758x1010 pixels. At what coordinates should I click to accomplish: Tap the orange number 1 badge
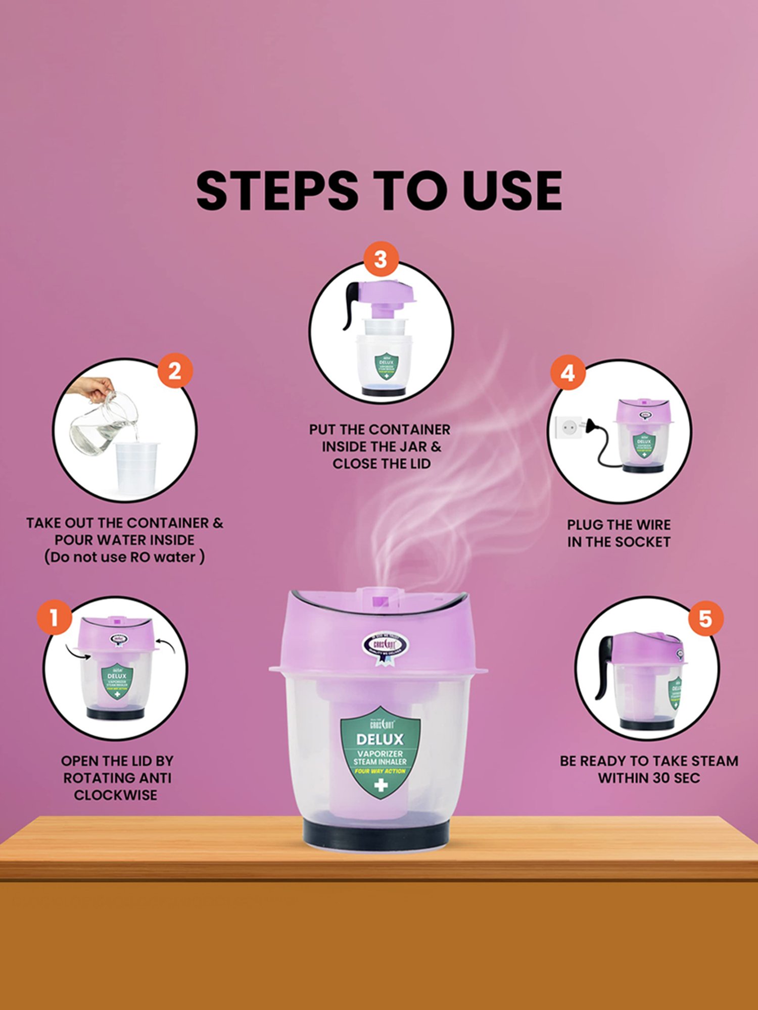click(x=54, y=617)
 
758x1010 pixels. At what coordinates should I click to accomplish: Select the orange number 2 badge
click(x=174, y=371)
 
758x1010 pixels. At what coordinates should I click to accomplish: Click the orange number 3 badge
click(x=381, y=260)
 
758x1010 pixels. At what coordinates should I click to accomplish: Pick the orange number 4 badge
click(x=568, y=373)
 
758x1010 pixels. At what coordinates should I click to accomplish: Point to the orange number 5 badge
click(x=705, y=619)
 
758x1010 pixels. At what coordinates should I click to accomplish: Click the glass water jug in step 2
click(x=104, y=424)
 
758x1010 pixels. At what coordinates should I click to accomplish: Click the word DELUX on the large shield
click(x=380, y=739)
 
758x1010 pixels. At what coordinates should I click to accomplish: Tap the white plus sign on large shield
click(x=381, y=785)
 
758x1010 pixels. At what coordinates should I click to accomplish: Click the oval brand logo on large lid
click(x=386, y=645)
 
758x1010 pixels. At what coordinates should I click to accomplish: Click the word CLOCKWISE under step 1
click(x=115, y=795)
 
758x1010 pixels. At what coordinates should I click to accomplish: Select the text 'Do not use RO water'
click(x=124, y=557)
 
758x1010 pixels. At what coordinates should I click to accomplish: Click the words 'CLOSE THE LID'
click(x=382, y=464)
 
